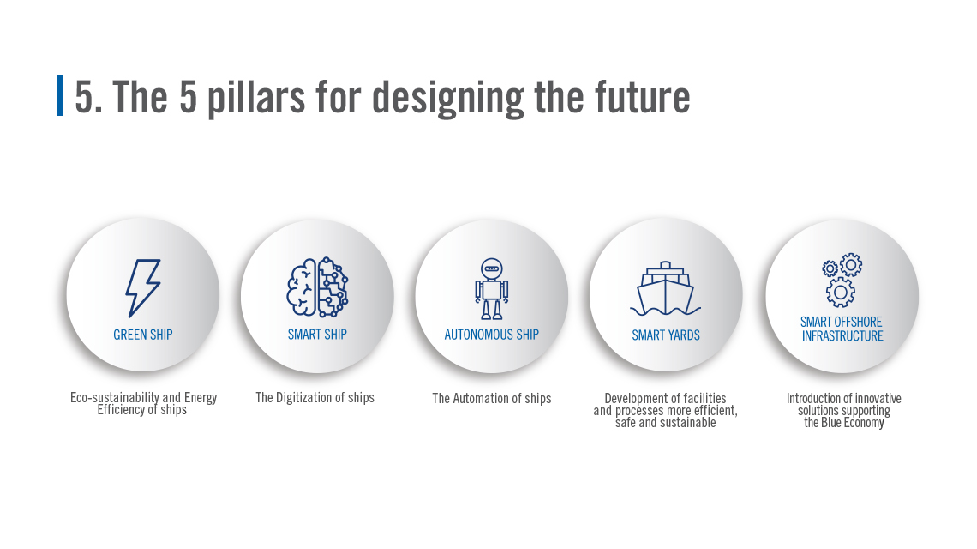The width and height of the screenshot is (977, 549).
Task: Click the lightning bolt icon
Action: point(142,287)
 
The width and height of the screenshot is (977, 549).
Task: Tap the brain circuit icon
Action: point(317,287)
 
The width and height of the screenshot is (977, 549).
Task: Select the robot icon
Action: point(492,288)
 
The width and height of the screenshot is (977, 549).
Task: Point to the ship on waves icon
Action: point(665,288)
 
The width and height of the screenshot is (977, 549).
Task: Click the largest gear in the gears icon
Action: point(840,292)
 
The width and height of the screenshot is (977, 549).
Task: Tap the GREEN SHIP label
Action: point(142,335)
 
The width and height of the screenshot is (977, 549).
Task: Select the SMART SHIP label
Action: point(317,335)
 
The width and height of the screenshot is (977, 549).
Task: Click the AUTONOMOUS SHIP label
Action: point(492,335)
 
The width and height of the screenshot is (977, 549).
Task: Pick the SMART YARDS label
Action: point(665,335)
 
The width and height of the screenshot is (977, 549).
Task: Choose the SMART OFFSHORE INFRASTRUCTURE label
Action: point(842,329)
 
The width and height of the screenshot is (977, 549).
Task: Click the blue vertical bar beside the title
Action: point(60,95)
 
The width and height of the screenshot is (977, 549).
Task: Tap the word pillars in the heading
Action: point(256,98)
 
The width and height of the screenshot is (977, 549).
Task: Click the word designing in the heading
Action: point(448,99)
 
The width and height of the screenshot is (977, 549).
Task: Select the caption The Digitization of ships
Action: point(315,397)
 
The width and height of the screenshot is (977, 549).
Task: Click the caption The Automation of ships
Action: point(492,398)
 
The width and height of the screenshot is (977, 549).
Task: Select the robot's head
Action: point(492,268)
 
